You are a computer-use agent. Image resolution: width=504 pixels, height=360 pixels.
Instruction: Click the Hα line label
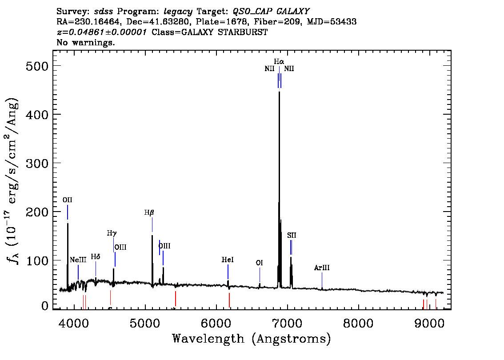279,62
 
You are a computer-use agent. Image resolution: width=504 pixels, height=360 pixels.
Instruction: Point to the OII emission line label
67,200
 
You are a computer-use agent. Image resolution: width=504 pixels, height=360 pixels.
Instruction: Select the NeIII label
78,260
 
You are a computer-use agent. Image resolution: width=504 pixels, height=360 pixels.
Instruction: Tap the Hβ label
149,213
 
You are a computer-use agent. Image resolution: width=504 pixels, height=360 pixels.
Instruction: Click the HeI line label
228,260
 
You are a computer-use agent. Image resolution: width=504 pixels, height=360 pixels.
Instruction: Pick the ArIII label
322,268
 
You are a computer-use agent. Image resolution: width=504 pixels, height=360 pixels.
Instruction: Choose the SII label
291,235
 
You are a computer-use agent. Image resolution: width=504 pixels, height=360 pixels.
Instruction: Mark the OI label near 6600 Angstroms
260,263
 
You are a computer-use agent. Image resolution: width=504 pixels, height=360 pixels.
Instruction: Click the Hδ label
96,257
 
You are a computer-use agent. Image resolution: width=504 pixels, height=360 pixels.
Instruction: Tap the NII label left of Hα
269,69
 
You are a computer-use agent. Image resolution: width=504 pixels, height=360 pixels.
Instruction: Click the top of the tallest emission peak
279,92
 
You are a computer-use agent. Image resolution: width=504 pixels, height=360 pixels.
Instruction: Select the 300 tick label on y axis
35,163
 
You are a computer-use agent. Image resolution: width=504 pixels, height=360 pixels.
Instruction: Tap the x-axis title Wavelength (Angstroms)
252,339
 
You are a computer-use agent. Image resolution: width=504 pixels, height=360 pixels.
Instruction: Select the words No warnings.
86,43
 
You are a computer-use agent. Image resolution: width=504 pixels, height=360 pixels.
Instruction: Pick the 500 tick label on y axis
35,66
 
